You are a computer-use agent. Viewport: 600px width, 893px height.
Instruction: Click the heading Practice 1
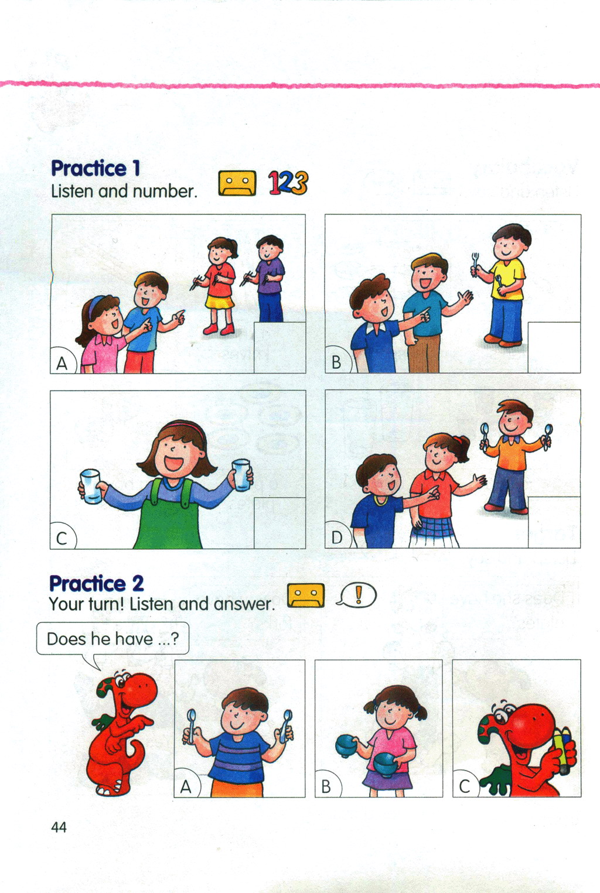click(x=96, y=168)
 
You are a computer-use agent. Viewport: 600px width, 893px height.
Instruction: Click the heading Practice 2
click(x=96, y=584)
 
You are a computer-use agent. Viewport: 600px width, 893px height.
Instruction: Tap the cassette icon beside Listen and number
click(x=237, y=183)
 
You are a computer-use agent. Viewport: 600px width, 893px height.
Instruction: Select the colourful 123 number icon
click(x=288, y=183)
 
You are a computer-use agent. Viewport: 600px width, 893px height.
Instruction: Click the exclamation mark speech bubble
click(x=357, y=595)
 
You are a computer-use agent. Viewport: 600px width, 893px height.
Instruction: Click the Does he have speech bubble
click(x=112, y=639)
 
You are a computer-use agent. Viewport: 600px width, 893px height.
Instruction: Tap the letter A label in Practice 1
click(x=62, y=363)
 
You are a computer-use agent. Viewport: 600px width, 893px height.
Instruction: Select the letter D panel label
click(x=337, y=538)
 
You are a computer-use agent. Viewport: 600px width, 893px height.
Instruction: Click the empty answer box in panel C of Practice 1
click(x=279, y=523)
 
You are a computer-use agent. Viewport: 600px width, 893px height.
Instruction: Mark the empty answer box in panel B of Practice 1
click(x=554, y=347)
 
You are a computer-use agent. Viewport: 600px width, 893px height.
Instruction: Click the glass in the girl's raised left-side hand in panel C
click(x=91, y=486)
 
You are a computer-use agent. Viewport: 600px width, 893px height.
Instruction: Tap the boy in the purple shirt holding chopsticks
click(x=268, y=278)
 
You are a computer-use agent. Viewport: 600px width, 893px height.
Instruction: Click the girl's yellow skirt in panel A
click(x=219, y=302)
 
